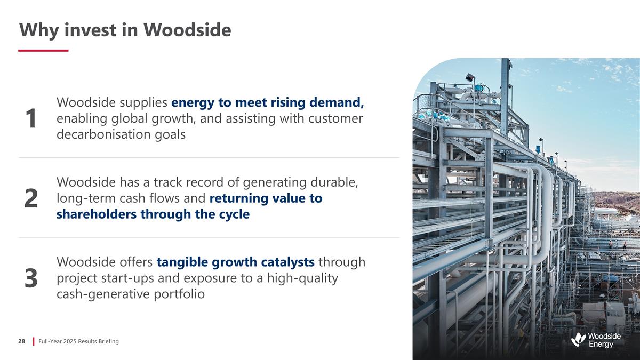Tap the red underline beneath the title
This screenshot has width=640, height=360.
pos(43,51)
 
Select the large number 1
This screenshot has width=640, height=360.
pos(31,118)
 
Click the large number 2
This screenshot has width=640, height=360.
pos(31,198)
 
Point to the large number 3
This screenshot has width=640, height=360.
pos(31,278)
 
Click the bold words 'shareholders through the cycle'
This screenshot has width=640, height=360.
pos(153,214)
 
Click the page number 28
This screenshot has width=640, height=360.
pos(22,341)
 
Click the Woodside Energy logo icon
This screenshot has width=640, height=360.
pos(578,339)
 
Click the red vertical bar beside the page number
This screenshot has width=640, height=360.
pos(34,341)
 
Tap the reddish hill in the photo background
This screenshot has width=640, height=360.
pos(619,202)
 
